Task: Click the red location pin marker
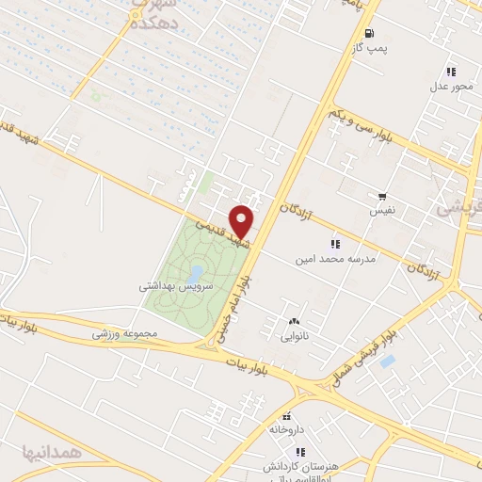[x=242, y=220]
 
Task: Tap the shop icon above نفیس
[x=382, y=197]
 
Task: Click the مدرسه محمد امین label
[x=336, y=257]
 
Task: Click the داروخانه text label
[x=287, y=429]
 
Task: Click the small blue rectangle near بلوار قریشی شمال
[x=387, y=361]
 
